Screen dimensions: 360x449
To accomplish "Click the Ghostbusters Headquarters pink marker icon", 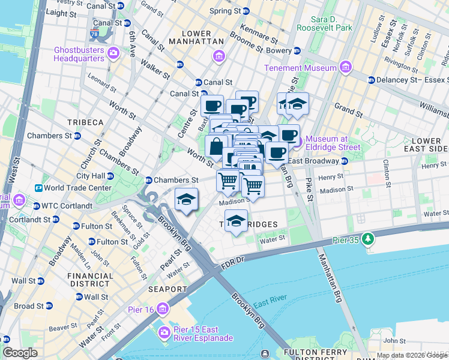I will click(113, 54).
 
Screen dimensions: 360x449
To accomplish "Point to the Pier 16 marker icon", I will click(163, 309).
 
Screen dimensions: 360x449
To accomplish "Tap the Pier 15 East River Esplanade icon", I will click(164, 332).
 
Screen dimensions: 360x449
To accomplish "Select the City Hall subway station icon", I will click(110, 176).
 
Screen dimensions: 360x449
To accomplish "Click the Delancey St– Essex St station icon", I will click(371, 80).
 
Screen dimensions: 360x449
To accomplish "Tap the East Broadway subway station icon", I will click(345, 161).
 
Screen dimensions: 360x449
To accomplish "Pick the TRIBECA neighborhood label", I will click(86, 122).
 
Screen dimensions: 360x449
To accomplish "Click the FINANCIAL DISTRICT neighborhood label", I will click(91, 280).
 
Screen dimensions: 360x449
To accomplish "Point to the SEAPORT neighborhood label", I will click(166, 289).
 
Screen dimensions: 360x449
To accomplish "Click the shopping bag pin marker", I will click(216, 146).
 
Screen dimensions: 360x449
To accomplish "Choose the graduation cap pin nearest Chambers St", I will click(186, 199).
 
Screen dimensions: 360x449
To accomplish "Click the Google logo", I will click(20, 353).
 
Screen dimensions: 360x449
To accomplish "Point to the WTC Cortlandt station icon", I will click(35, 206).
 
